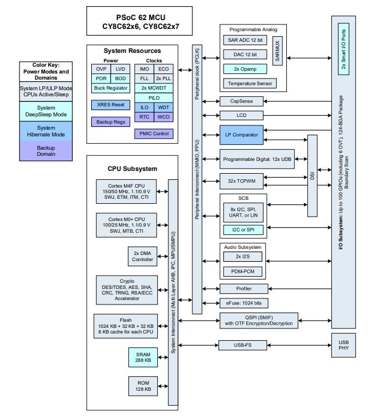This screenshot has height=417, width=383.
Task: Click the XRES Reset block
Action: (110, 105)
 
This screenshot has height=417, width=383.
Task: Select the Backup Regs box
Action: (110, 121)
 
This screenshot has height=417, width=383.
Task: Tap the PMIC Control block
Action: (153, 134)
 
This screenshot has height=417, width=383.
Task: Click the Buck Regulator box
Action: (110, 88)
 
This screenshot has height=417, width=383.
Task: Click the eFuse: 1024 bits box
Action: (242, 303)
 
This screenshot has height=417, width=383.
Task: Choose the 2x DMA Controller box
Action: (142, 256)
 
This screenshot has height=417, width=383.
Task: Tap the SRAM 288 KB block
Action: (142, 357)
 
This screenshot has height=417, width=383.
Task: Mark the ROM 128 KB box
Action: (142, 386)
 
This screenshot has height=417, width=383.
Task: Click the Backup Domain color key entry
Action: (46, 151)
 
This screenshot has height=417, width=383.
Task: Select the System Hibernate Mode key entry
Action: (46, 131)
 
